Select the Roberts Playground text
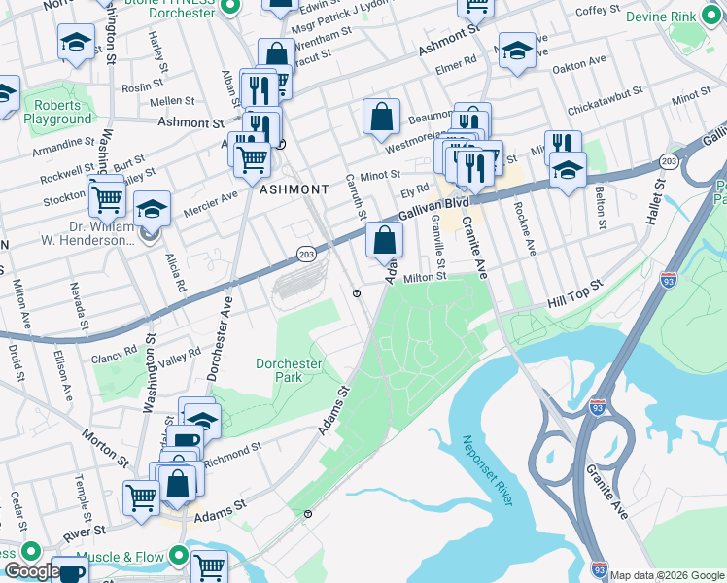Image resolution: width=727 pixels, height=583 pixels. pyautogui.click(x=58, y=112)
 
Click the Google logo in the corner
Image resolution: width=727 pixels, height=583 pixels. pyautogui.click(x=31, y=571)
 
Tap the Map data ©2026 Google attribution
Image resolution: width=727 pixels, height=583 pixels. pyautogui.click(x=667, y=575)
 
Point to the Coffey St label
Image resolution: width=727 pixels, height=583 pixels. pyautogui.click(x=597, y=10)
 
